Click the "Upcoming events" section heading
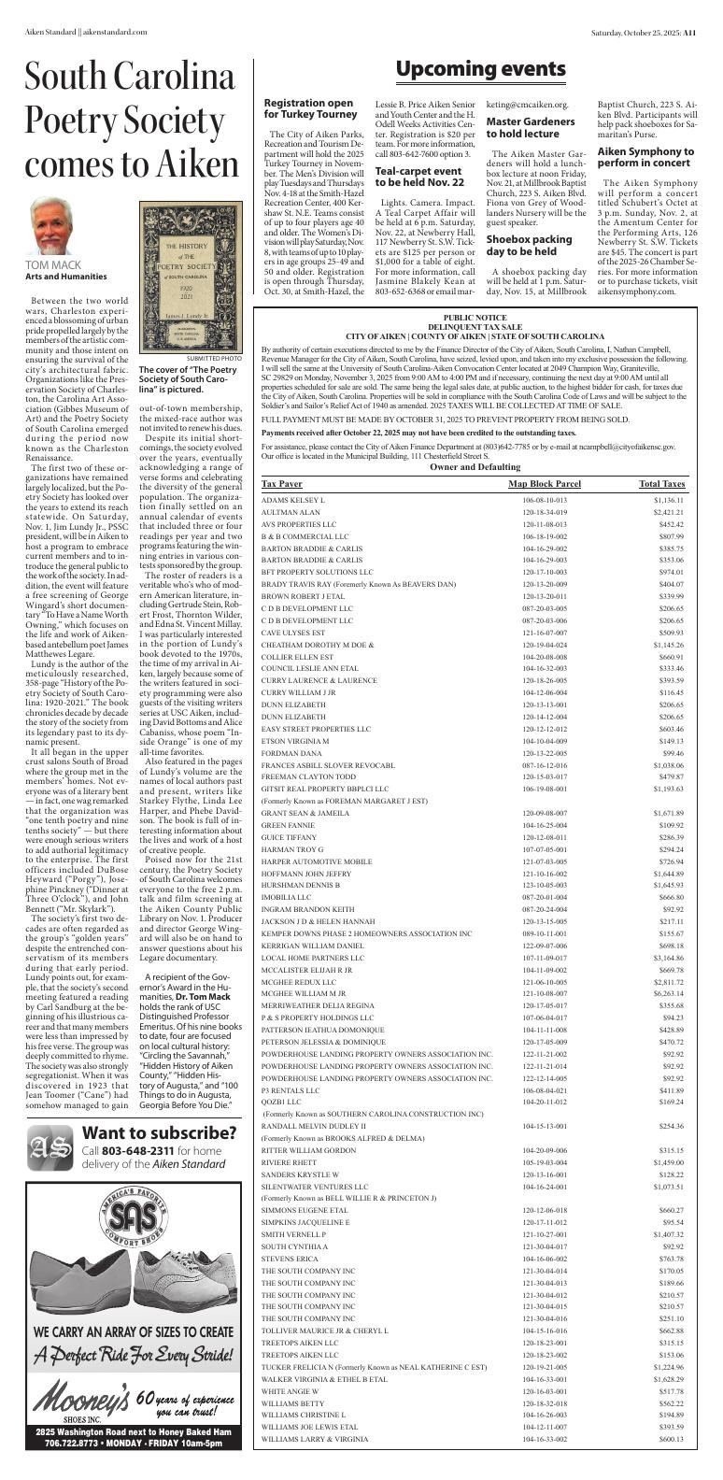click(x=480, y=69)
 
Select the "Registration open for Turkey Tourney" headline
click(x=309, y=108)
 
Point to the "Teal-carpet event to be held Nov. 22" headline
click(x=418, y=178)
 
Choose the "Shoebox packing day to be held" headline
click(x=529, y=246)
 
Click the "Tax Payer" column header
click(x=282, y=484)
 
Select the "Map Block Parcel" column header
click(x=544, y=484)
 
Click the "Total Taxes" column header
click(x=661, y=484)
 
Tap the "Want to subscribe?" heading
click(x=157, y=1132)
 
